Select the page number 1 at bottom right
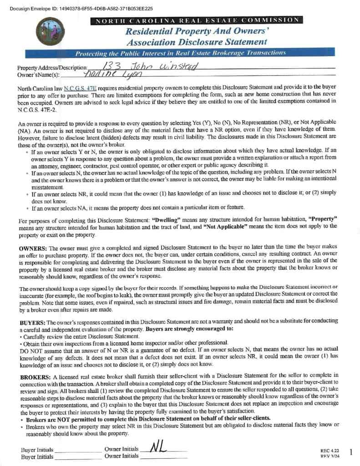click(x=351, y=452)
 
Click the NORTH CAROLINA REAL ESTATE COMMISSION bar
click(x=196, y=20)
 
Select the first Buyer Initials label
click(x=37, y=450)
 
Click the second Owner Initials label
click(x=122, y=456)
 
